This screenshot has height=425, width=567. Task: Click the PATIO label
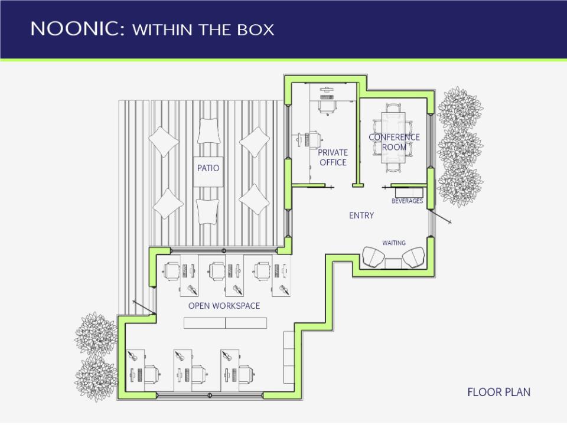(x=208, y=168)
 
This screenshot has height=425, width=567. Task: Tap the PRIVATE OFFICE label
(x=333, y=158)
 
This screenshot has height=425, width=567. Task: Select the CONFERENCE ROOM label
(x=394, y=142)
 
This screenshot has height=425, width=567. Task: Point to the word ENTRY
(x=361, y=215)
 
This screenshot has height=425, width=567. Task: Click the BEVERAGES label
(x=407, y=201)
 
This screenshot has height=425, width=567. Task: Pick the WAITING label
(x=393, y=243)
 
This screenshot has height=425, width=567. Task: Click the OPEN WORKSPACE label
(x=224, y=306)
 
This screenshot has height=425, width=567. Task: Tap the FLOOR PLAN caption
(x=498, y=392)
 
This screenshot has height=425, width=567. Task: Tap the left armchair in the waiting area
(x=373, y=257)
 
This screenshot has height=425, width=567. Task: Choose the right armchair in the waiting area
(x=413, y=257)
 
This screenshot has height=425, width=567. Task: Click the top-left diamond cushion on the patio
(x=164, y=142)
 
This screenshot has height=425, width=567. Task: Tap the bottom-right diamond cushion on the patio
(x=254, y=200)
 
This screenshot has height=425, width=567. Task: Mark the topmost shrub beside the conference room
(x=460, y=107)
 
